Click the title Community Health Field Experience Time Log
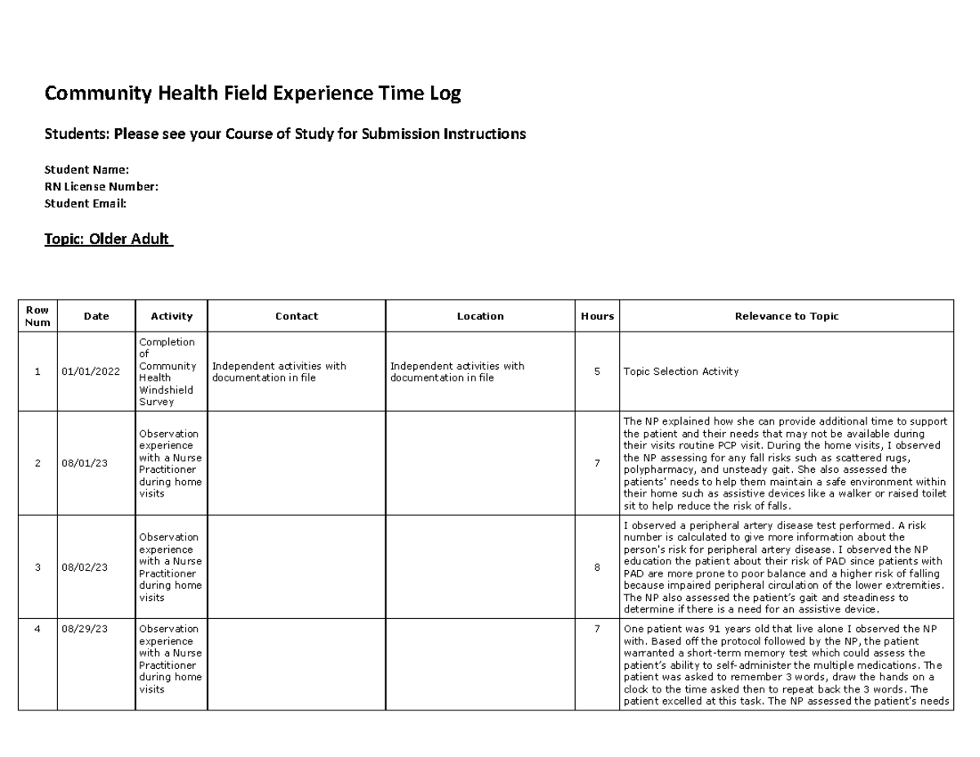click(x=252, y=94)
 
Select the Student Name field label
click(x=87, y=170)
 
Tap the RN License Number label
click(x=101, y=187)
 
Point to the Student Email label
click(x=86, y=203)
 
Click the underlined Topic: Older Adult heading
click(x=108, y=239)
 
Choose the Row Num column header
click(x=38, y=316)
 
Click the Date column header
click(x=96, y=316)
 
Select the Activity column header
click(x=171, y=316)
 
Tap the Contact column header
click(x=296, y=316)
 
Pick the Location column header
click(x=480, y=316)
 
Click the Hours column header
click(x=597, y=316)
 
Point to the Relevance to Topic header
click(x=786, y=316)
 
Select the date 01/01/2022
click(x=91, y=372)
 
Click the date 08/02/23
click(x=85, y=568)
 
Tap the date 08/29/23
click(x=85, y=630)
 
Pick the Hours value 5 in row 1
click(x=597, y=372)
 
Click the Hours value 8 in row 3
click(x=597, y=568)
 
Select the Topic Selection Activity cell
click(x=680, y=372)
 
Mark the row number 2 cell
click(x=38, y=464)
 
